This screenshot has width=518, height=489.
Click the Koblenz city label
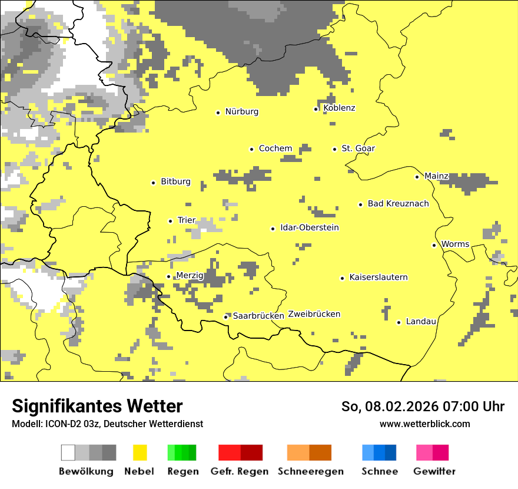click(339, 108)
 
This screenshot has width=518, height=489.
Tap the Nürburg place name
click(241, 111)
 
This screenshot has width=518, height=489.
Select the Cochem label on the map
click(275, 148)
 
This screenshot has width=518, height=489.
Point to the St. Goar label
click(358, 148)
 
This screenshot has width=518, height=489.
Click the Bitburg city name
click(175, 181)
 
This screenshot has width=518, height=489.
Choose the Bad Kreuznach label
click(398, 203)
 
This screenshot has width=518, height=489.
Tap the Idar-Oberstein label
click(310, 227)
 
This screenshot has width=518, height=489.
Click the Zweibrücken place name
click(314, 314)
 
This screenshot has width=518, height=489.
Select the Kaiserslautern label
click(378, 277)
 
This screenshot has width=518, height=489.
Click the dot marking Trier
click(170, 221)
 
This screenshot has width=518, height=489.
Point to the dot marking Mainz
click(417, 177)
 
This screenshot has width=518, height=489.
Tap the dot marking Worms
click(434, 245)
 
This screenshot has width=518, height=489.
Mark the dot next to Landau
click(399, 322)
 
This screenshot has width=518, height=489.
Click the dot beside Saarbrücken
click(225, 317)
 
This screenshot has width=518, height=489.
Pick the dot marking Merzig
click(168, 276)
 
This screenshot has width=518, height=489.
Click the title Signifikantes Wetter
click(97, 406)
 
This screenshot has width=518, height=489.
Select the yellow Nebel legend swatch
click(140, 452)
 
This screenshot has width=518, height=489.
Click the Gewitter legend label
click(434, 471)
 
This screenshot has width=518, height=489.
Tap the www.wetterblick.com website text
click(424, 424)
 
